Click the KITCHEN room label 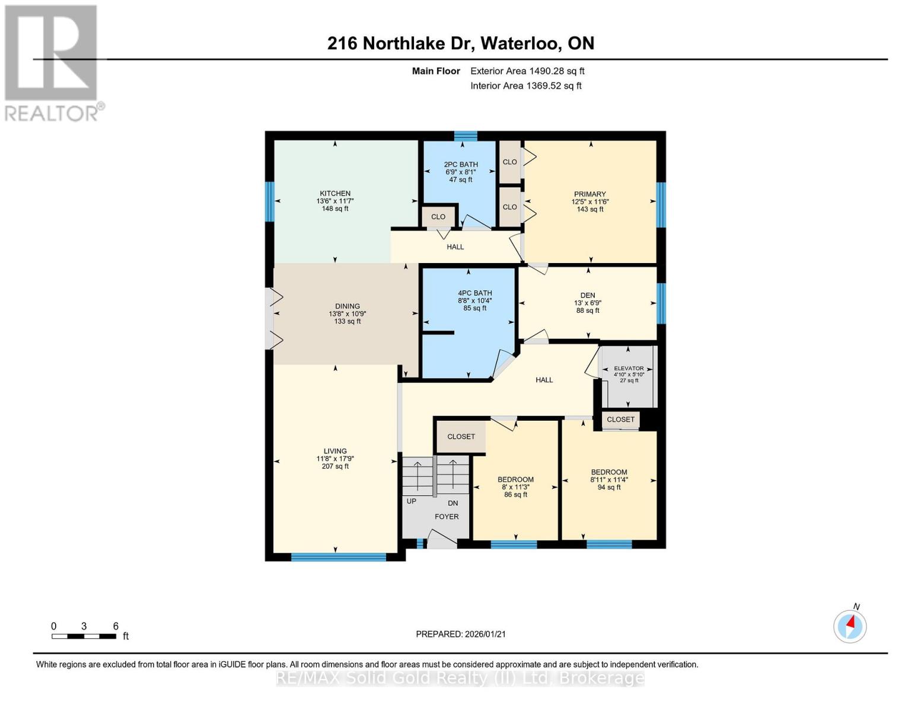335,194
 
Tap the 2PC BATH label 461,164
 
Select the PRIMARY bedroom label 589,194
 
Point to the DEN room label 588,295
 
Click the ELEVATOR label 629,369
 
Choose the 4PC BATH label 474,293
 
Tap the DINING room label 347,306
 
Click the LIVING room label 335,451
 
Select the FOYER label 447,516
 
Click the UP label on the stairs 411,501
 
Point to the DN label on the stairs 452,503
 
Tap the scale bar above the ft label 84,636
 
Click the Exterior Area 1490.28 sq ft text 527,71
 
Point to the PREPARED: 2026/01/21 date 461,634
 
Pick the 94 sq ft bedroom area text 608,487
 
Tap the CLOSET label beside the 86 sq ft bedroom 461,436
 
